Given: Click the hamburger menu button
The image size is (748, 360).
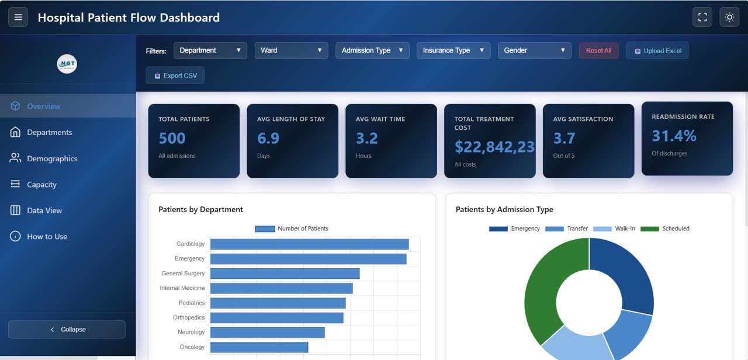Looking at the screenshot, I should pyautogui.click(x=18, y=18).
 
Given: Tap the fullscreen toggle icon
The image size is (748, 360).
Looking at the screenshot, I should pyautogui.click(x=702, y=18).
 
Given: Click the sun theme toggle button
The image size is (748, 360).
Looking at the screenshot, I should pyautogui.click(x=729, y=18).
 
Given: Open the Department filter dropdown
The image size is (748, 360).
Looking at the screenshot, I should pyautogui.click(x=210, y=50).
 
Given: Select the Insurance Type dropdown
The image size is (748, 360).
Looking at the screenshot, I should pyautogui.click(x=453, y=50).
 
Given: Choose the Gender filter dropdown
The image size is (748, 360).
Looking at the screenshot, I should pyautogui.click(x=535, y=50).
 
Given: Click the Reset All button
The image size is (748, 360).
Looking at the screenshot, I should pyautogui.click(x=598, y=51).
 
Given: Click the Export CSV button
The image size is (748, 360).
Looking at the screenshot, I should pyautogui.click(x=175, y=75).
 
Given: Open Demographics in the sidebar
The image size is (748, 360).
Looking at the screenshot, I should pyautogui.click(x=52, y=158).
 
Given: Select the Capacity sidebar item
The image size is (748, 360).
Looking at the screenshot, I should pyautogui.click(x=41, y=185).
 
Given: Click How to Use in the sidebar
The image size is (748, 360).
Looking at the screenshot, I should pyautogui.click(x=47, y=237).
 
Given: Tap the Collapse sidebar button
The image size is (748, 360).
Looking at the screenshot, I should pyautogui.click(x=67, y=330).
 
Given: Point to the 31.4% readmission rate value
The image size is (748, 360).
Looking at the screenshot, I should pyautogui.click(x=674, y=136).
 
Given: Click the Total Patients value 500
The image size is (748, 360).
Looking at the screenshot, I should pyautogui.click(x=172, y=139).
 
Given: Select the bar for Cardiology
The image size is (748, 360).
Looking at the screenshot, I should pyautogui.click(x=309, y=244).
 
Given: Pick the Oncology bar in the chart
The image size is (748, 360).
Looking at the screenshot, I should pyautogui.click(x=259, y=347).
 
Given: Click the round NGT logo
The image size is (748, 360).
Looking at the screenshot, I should pyautogui.click(x=67, y=64).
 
